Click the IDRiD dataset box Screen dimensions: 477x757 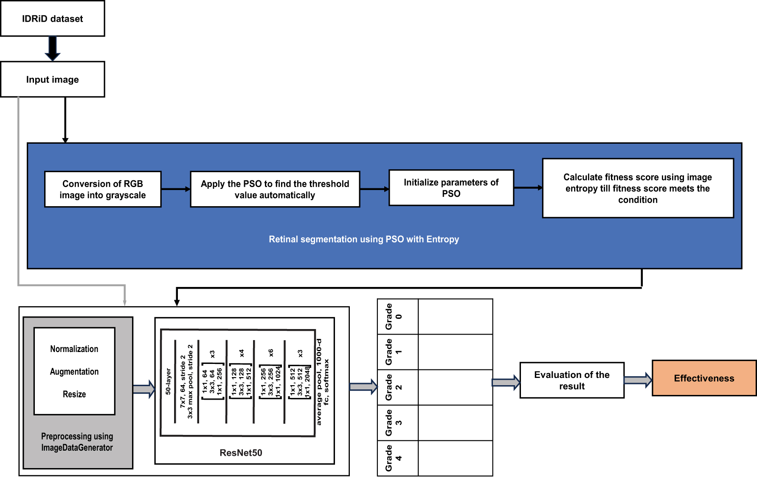(53, 18)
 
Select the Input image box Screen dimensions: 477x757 (53, 79)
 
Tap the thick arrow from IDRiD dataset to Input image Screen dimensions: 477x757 (53, 48)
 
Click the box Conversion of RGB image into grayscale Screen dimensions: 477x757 (103, 189)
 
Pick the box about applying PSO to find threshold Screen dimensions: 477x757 (275, 189)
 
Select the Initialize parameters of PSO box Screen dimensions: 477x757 (451, 187)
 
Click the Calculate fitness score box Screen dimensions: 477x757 (638, 188)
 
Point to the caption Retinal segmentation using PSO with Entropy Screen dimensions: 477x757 (364, 239)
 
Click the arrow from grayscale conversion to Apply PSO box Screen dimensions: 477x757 (175, 189)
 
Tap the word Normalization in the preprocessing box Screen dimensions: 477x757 (74, 349)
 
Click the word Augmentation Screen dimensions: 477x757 (74, 372)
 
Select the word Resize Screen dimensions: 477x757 (74, 394)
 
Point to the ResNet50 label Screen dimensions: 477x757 (241, 453)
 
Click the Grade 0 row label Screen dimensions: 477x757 (393, 316)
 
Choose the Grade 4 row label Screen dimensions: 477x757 (393, 458)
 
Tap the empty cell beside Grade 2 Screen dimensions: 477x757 (455, 387)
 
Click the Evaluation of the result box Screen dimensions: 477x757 (572, 380)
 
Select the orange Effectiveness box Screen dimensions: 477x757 (704, 378)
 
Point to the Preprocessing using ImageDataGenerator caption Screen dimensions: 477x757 (77, 442)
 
